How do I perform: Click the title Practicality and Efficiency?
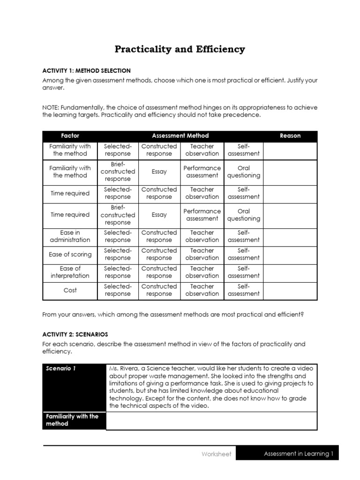180,49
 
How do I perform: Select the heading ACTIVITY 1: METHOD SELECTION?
87,70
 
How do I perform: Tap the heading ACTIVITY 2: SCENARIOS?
75,334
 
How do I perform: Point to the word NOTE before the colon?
51,107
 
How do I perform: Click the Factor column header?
70,135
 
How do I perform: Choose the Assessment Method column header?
180,135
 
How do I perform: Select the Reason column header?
290,135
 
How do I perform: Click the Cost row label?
70,290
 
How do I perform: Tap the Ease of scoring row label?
70,255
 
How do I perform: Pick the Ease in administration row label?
70,236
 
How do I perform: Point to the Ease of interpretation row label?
70,272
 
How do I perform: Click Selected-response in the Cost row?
118,290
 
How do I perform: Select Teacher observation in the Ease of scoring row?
202,255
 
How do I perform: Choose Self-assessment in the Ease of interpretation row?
243,272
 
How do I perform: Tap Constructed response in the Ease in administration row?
159,236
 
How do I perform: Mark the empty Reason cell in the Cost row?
290,290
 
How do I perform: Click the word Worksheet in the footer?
216,454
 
